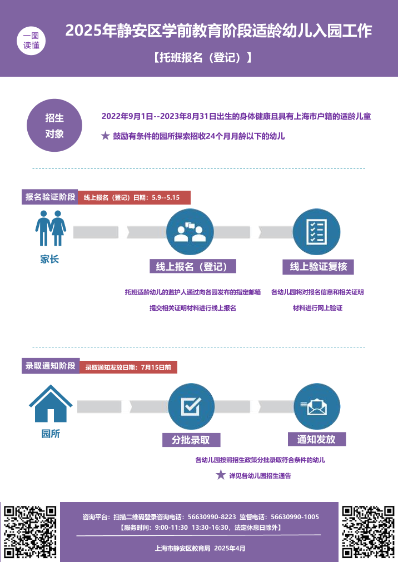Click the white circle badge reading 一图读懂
tap(31, 41)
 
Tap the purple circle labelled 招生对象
tap(54, 126)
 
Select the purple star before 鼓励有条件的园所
tap(105, 136)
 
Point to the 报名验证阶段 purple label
tap(50, 197)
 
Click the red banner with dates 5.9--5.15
tap(133, 197)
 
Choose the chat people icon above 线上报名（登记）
tap(190, 232)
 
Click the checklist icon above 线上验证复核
tap(316, 232)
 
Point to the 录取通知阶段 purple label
tap(50, 366)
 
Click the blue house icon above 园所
tap(51, 404)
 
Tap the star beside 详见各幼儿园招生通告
tap(221, 475)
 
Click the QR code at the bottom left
tap(30, 531)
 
